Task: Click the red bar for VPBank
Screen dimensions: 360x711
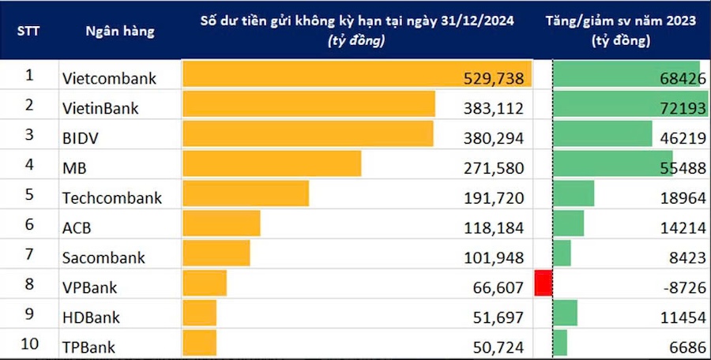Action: [543, 283]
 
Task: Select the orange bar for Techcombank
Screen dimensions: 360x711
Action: [246, 194]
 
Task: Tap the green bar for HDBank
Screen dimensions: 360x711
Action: [566, 313]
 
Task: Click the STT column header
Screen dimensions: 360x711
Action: [28, 32]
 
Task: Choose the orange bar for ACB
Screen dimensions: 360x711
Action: [221, 223]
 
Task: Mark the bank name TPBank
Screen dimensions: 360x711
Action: [88, 345]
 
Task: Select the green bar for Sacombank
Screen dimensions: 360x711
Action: [562, 253]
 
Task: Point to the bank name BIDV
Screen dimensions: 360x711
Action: [79, 137]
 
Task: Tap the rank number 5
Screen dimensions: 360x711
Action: [29, 194]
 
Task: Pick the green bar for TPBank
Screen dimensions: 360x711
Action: [560, 342]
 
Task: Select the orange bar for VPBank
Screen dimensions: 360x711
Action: [205, 283]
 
